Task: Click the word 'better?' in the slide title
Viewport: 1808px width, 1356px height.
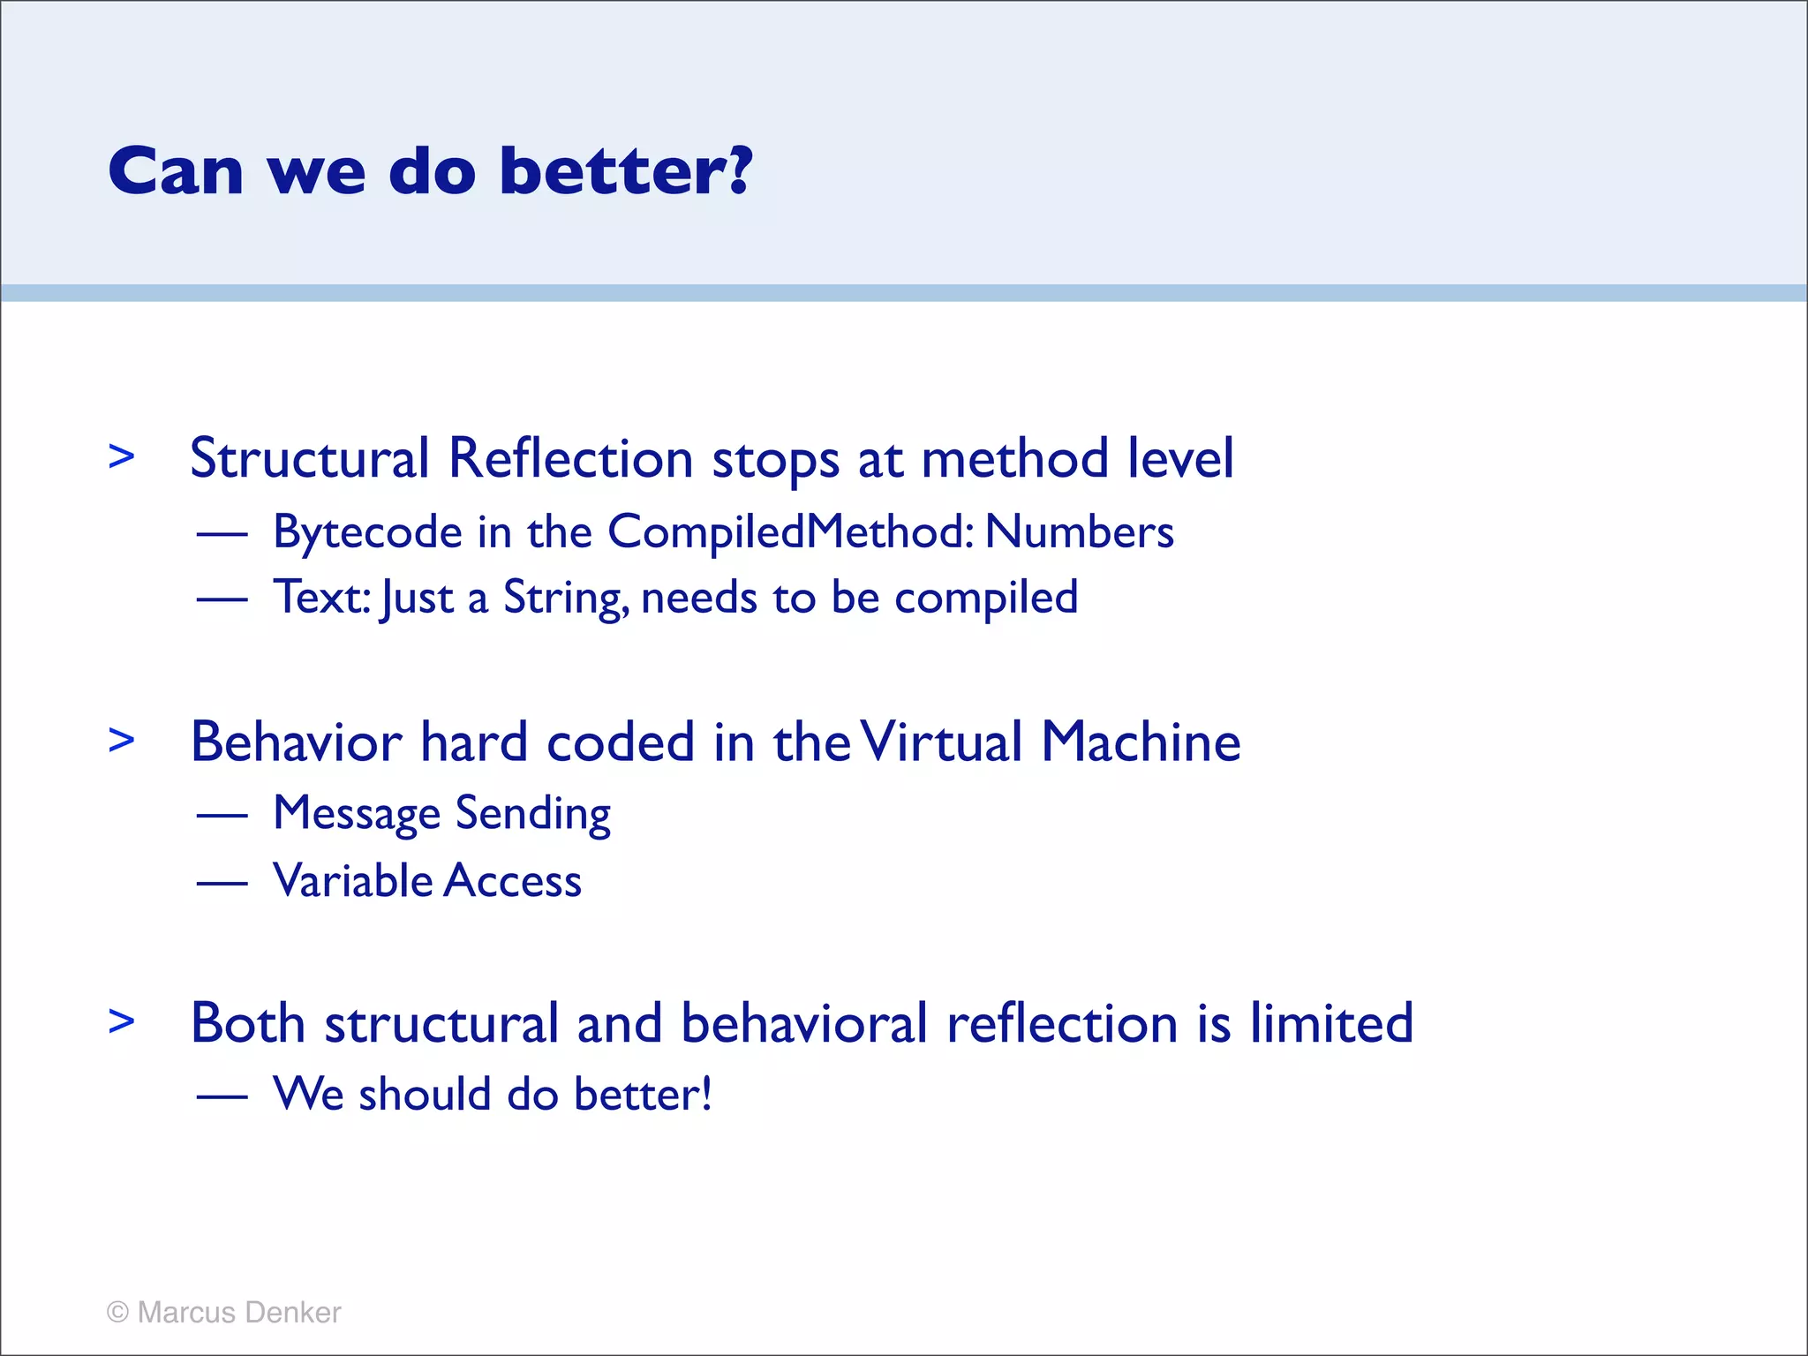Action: point(625,170)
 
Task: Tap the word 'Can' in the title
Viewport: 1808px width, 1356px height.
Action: point(176,172)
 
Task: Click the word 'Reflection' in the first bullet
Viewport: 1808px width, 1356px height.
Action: point(570,458)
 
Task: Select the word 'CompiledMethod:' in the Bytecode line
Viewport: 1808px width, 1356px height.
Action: point(791,532)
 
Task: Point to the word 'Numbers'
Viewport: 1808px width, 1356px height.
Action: point(1079,532)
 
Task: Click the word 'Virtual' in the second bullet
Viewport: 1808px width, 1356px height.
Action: point(940,742)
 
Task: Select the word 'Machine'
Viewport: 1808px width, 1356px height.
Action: point(1141,742)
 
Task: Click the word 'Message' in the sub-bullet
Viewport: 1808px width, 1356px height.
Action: point(357,815)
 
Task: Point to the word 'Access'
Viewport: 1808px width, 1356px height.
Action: point(513,881)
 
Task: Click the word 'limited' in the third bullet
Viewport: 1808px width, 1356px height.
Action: point(1331,1024)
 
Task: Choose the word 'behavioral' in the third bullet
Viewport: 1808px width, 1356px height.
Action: point(804,1024)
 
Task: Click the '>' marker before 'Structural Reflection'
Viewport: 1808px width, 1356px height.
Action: point(122,457)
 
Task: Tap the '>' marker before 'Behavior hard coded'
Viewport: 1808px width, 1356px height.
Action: point(122,740)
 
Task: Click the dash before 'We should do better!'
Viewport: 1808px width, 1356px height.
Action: point(222,1096)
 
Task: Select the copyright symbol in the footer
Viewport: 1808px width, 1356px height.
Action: point(117,1313)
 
